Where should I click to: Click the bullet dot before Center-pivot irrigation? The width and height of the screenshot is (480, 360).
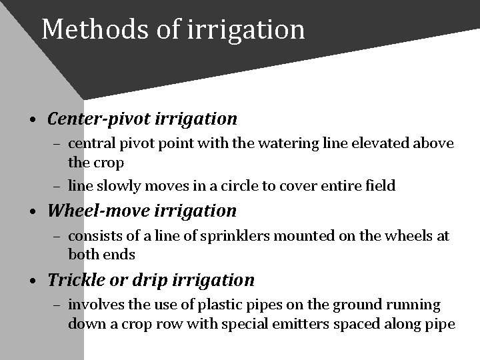click(33, 121)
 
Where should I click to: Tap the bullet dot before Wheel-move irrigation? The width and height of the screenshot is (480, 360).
click(33, 213)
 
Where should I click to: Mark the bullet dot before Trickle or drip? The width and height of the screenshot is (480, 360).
click(33, 281)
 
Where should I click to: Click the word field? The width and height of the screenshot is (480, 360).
click(381, 186)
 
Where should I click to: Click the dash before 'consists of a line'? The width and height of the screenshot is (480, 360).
click(58, 237)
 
